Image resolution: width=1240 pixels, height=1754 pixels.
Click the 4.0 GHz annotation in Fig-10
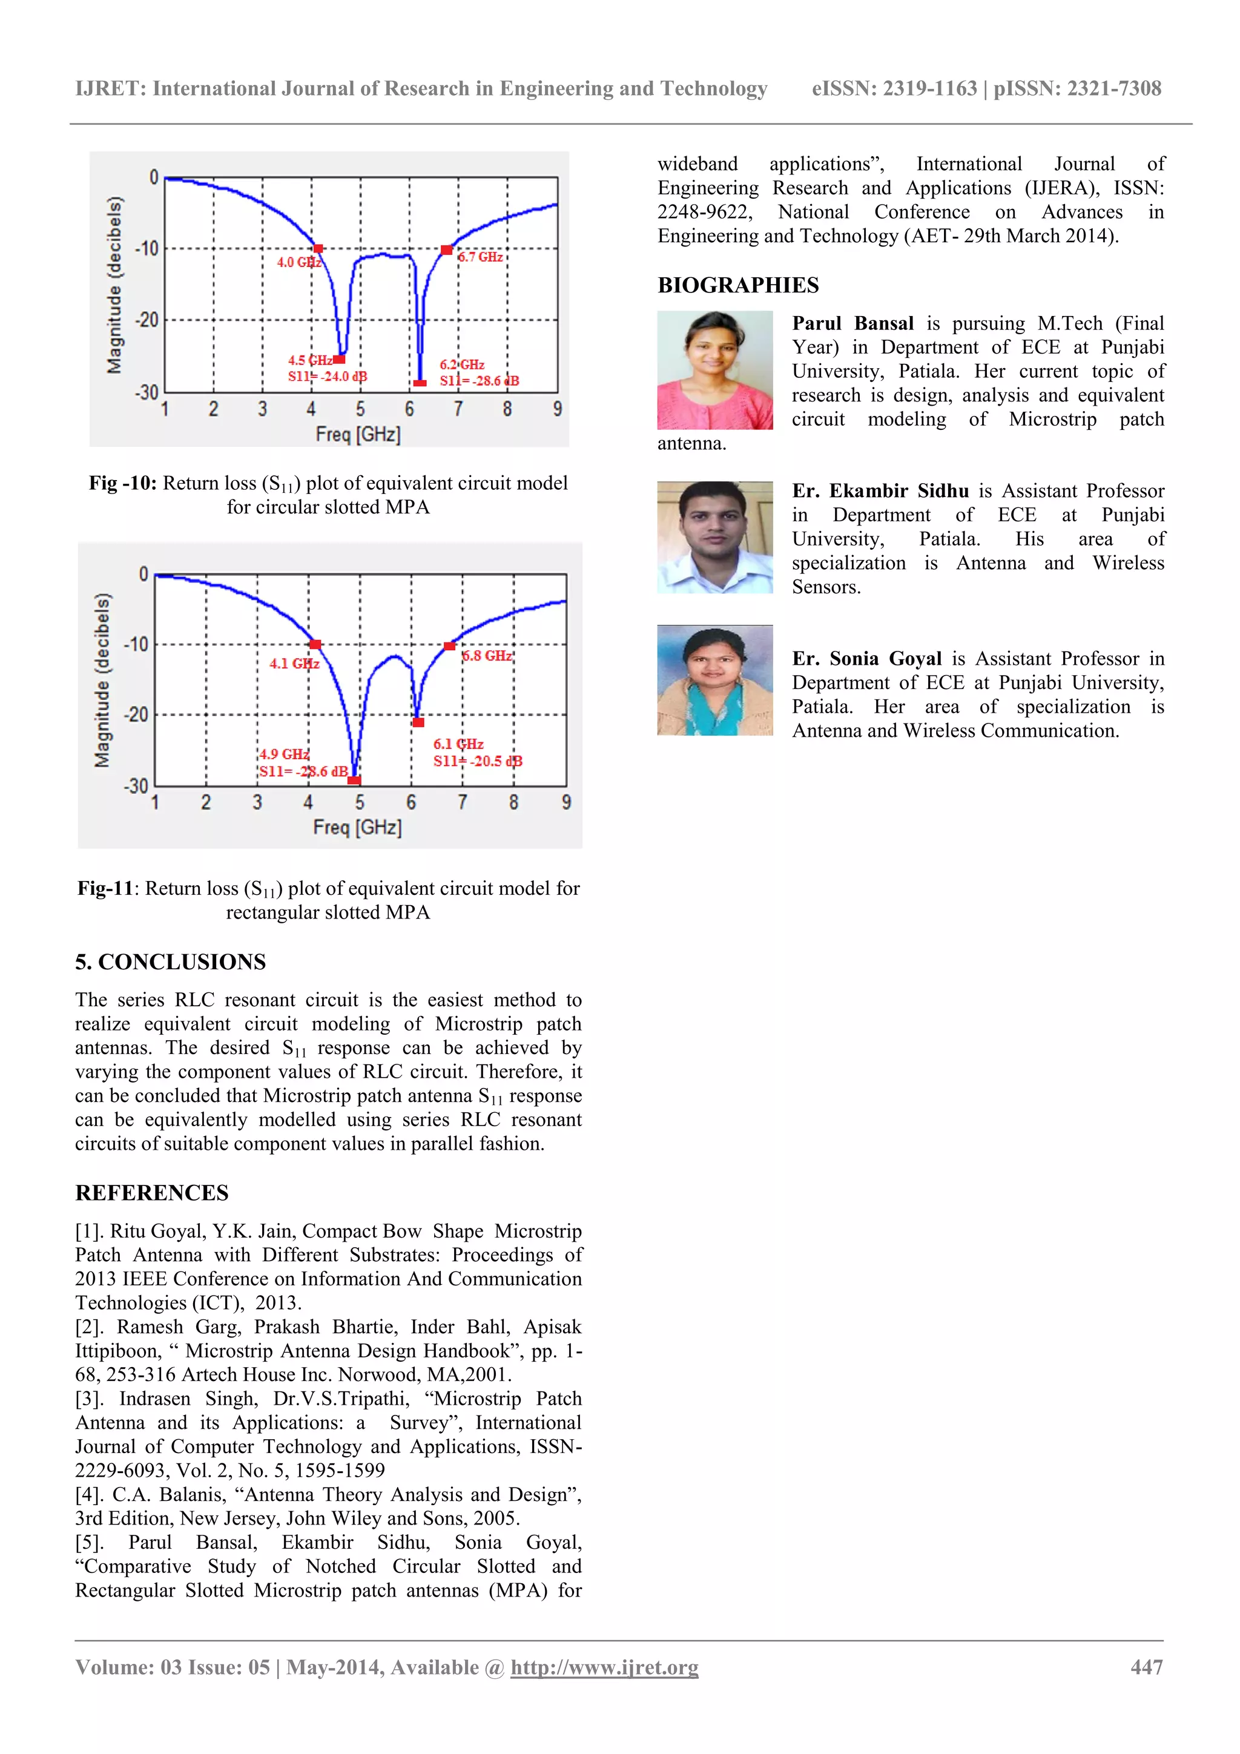coord(298,262)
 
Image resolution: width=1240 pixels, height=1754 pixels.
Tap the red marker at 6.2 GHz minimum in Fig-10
coord(420,383)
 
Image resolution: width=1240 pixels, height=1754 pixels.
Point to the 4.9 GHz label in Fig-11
coord(284,754)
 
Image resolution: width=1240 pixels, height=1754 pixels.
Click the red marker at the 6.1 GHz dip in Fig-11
coord(418,722)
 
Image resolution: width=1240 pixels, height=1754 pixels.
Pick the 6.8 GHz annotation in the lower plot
coord(487,656)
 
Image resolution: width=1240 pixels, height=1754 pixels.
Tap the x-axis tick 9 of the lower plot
coord(566,802)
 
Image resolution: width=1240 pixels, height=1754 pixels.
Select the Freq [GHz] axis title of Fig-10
coord(358,435)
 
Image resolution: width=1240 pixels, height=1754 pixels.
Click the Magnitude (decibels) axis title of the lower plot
coord(102,680)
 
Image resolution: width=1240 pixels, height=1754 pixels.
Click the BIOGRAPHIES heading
coord(737,286)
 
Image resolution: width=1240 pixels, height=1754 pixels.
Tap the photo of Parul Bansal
coord(714,370)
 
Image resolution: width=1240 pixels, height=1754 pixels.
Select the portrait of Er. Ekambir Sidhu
coord(714,537)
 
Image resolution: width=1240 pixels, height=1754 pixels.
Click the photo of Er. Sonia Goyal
coord(714,680)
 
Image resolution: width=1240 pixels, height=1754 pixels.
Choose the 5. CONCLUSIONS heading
coord(170,962)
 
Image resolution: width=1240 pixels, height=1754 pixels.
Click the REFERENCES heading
coord(151,1193)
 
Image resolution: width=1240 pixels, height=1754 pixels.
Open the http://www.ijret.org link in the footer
coord(604,1667)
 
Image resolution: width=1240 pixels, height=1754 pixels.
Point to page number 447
coord(1146,1667)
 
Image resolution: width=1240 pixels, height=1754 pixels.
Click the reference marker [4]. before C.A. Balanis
coord(90,1494)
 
